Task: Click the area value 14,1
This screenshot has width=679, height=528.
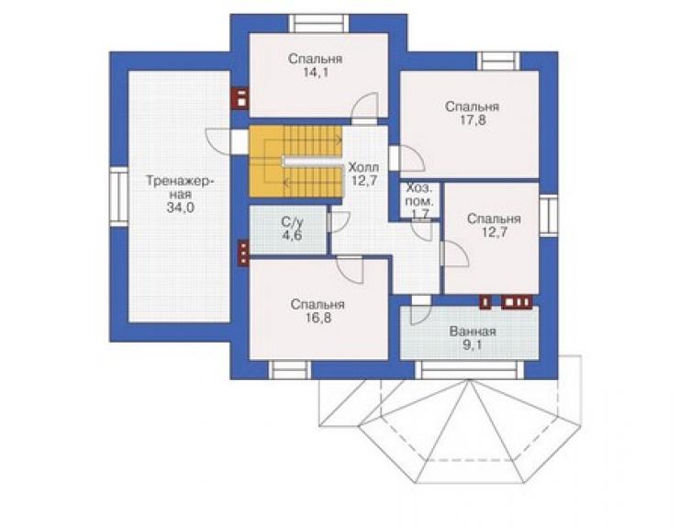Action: [316, 73]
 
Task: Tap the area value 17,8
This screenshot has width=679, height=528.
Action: [473, 120]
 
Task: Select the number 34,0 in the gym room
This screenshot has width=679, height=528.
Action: [180, 208]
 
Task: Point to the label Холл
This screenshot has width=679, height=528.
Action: [363, 167]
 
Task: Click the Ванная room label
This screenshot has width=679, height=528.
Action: [473, 331]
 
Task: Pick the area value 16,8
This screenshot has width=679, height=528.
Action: [317, 319]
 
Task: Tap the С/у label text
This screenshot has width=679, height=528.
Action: [293, 222]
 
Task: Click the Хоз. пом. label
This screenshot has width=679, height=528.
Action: [419, 195]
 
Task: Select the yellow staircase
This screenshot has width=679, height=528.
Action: [295, 162]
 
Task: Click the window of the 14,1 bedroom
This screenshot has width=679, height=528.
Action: [319, 23]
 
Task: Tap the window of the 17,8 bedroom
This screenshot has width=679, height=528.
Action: [498, 62]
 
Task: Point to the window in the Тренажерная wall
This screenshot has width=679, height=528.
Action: [118, 196]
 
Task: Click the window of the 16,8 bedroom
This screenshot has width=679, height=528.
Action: [290, 370]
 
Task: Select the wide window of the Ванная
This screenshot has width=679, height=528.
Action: [470, 370]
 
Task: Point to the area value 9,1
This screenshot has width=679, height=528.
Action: [473, 345]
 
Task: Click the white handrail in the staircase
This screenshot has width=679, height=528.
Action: [312, 162]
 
